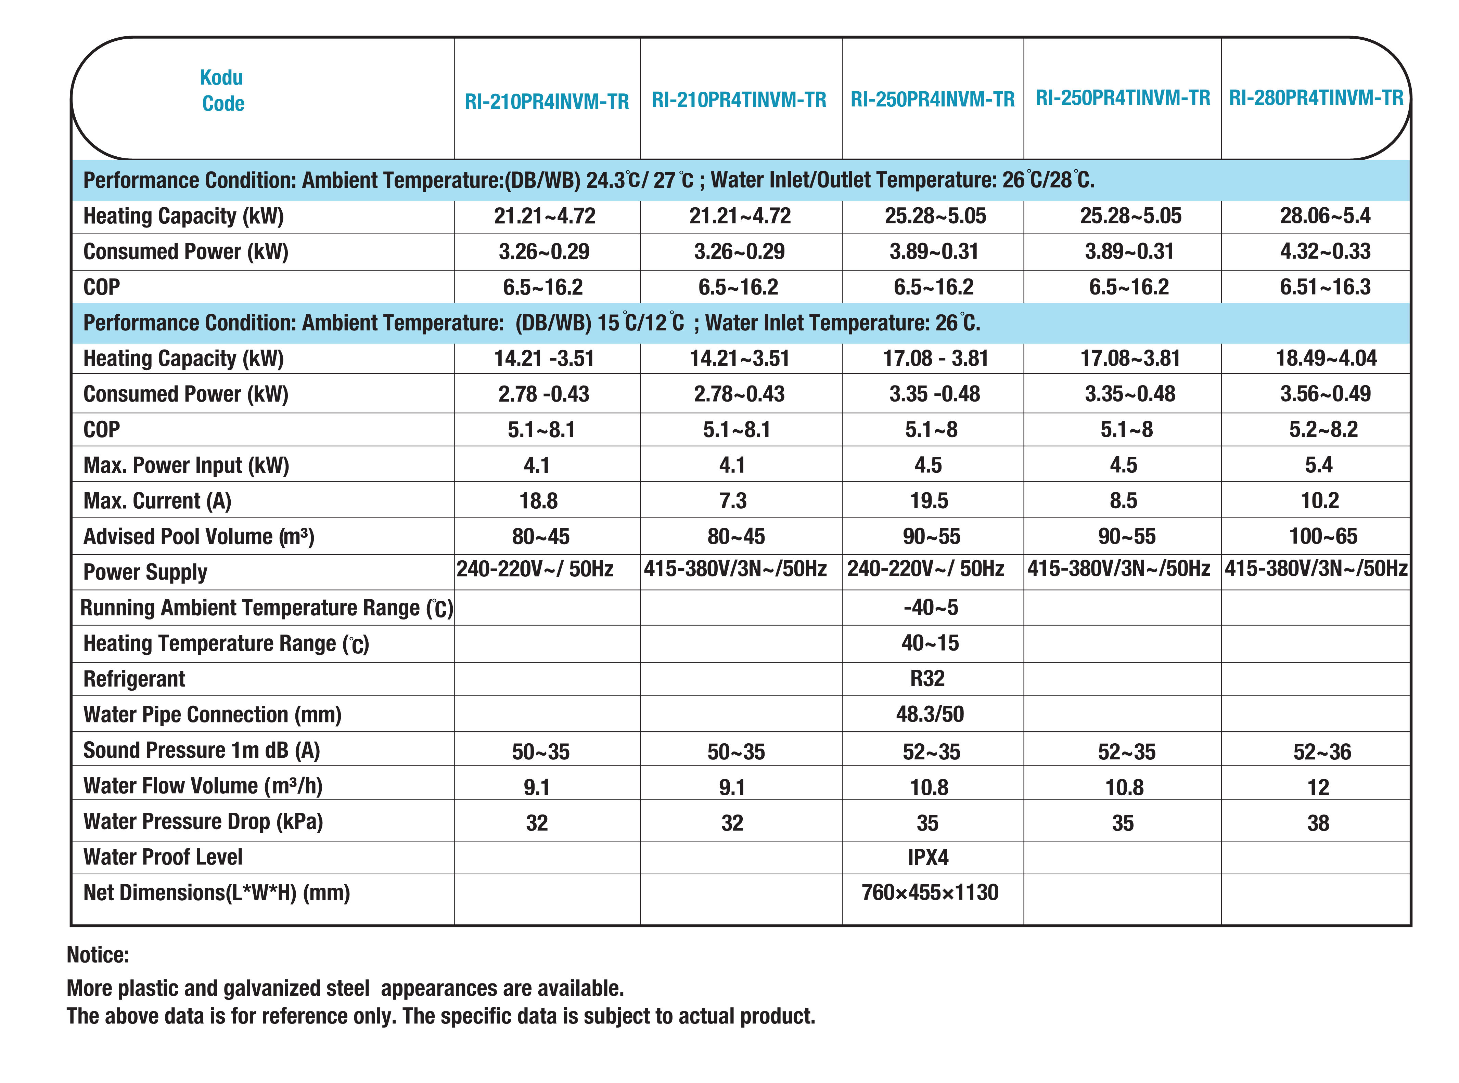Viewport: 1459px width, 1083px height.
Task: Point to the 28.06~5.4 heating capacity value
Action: click(1324, 216)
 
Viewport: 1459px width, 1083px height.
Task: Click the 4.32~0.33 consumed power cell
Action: click(1324, 251)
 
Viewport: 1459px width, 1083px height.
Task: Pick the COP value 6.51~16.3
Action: click(1324, 286)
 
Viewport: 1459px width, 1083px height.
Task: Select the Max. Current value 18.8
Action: click(538, 501)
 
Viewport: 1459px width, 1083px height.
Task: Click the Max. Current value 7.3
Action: click(732, 501)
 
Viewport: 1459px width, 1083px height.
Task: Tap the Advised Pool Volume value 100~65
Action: click(1322, 536)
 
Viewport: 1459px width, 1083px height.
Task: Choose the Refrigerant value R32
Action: click(927, 679)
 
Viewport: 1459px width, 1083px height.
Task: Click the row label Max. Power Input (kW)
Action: click(186, 466)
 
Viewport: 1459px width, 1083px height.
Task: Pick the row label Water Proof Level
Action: click(163, 857)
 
